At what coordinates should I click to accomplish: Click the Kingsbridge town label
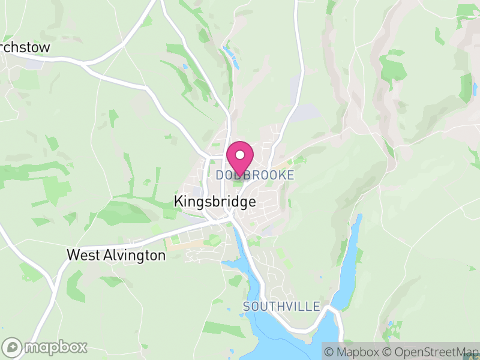(x=214, y=202)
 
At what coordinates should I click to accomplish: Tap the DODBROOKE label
(x=255, y=175)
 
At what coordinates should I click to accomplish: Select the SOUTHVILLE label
(x=281, y=307)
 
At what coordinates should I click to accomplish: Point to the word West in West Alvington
(x=82, y=255)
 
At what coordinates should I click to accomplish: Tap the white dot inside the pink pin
(x=240, y=155)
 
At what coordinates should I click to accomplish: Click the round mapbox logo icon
(x=13, y=347)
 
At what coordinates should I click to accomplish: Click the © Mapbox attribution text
(x=353, y=352)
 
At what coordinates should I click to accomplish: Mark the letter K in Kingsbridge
(x=178, y=202)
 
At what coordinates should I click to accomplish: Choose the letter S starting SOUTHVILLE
(x=247, y=307)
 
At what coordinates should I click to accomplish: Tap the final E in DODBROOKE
(x=291, y=175)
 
